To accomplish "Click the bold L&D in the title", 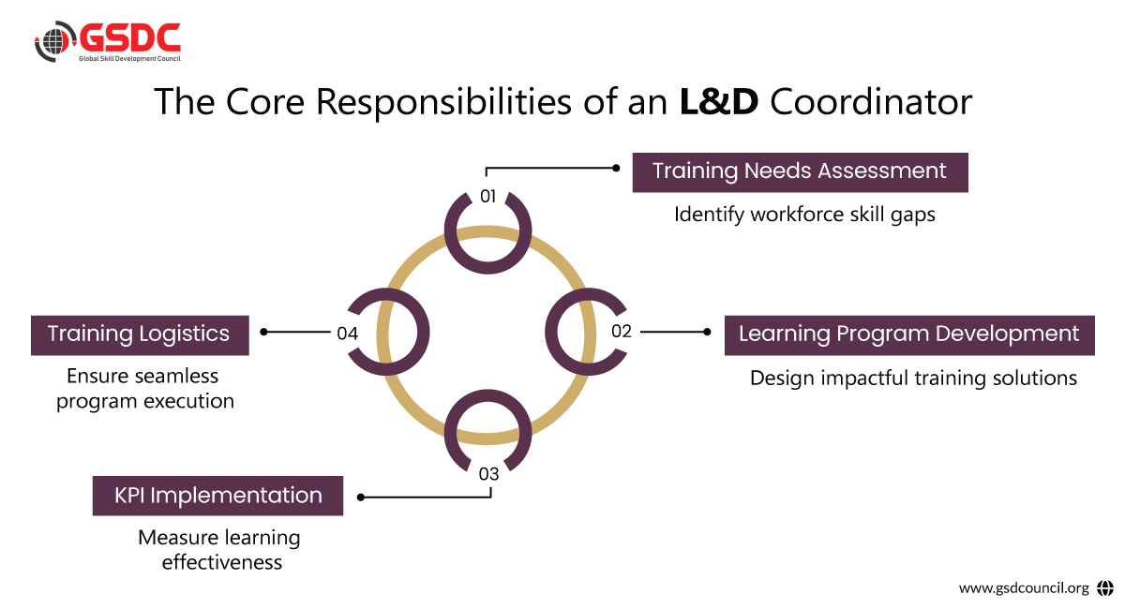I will (x=719, y=102).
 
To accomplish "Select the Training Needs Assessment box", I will (x=800, y=171).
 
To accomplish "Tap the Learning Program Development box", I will (x=908, y=334).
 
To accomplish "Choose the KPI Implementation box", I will (x=217, y=496).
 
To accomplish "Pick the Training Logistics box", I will (x=140, y=334).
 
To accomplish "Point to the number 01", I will (x=487, y=197).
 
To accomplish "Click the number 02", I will (x=622, y=331).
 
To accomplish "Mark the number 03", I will (x=488, y=474).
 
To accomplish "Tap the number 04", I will (x=347, y=332).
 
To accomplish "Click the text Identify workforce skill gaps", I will (x=804, y=215).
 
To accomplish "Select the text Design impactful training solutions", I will (x=913, y=379).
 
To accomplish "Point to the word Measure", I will (x=178, y=539).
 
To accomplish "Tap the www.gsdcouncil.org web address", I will (x=1024, y=588).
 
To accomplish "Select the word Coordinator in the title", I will (x=871, y=102).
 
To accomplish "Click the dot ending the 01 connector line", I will (x=616, y=169).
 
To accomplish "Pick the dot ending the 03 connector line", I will (x=361, y=498).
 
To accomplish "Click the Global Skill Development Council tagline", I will (x=129, y=59).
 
